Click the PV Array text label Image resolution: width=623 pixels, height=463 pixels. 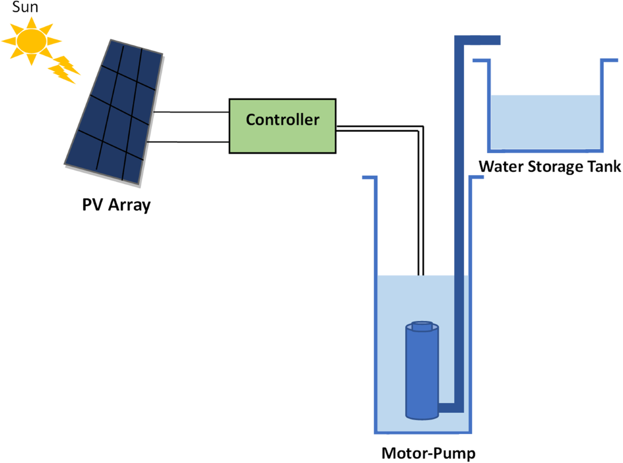[x=116, y=205]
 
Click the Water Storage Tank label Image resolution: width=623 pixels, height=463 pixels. [x=549, y=167]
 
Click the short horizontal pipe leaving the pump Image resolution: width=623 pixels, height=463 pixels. [x=448, y=409]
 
